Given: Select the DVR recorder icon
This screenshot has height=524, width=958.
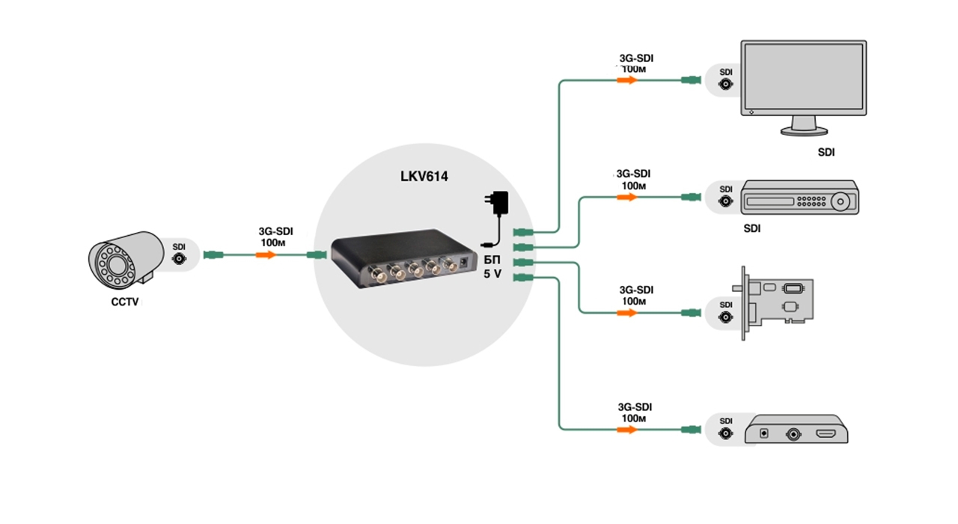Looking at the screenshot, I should pyautogui.click(x=799, y=199).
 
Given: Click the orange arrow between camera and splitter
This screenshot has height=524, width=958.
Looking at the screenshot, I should pyautogui.click(x=266, y=255).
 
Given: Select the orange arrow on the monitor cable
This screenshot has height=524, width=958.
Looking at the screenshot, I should pyautogui.click(x=627, y=79).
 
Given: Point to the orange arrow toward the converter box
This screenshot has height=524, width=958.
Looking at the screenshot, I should pyautogui.click(x=627, y=430).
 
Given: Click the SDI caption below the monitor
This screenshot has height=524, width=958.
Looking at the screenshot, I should pyautogui.click(x=826, y=153).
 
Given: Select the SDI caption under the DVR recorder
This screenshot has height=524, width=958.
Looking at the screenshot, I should pyautogui.click(x=751, y=229).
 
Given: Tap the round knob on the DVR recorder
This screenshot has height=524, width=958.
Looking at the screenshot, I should pyautogui.click(x=843, y=201).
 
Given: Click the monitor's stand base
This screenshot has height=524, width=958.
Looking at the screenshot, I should pyautogui.click(x=803, y=130).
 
